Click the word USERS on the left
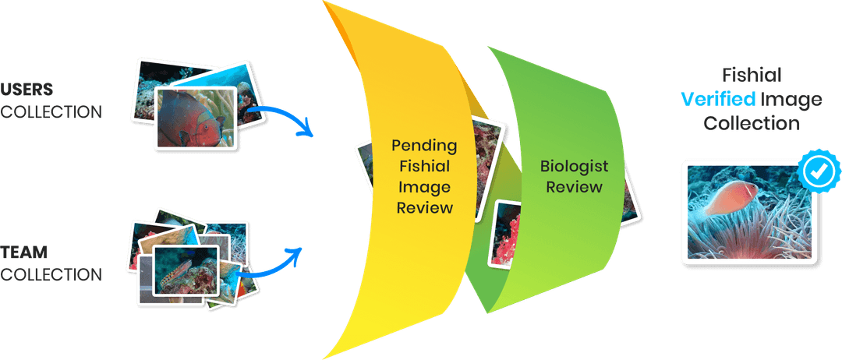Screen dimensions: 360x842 click(x=27, y=88)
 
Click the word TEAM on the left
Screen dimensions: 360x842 click(x=24, y=252)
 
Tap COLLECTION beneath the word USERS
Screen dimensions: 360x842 click(x=51, y=111)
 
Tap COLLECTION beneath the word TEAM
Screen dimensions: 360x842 click(x=51, y=274)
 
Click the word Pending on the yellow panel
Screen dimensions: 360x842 click(x=424, y=146)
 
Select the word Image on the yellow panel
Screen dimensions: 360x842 click(x=424, y=187)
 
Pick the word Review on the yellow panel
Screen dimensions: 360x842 click(x=424, y=207)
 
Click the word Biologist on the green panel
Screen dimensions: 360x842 click(x=574, y=166)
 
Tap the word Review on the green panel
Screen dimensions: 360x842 click(x=574, y=187)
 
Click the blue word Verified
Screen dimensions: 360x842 click(x=718, y=100)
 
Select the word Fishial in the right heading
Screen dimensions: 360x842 click(x=752, y=76)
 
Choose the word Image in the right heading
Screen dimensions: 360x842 click(x=791, y=100)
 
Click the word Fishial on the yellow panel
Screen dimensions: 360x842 click(x=424, y=166)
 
